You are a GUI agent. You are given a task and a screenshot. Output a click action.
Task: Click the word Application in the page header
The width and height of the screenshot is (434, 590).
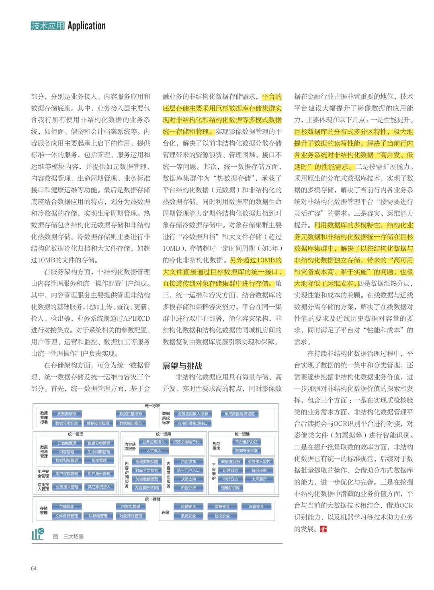point(86,26)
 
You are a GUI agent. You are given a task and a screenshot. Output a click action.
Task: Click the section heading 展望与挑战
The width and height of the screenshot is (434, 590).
point(182,366)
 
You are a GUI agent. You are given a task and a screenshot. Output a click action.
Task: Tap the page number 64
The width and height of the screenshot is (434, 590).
point(34,568)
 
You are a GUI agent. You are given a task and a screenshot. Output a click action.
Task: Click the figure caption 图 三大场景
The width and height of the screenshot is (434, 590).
point(68,536)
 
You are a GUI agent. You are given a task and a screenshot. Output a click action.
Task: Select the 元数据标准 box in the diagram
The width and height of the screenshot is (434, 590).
point(67,414)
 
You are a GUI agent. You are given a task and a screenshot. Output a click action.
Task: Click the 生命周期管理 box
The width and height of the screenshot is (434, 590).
point(99,452)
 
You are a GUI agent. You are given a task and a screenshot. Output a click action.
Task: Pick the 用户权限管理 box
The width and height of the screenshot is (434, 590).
point(67,474)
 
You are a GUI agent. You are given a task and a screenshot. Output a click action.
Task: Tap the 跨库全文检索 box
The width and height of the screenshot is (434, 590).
point(147,470)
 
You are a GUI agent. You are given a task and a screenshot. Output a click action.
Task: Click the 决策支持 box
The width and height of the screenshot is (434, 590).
point(188,479)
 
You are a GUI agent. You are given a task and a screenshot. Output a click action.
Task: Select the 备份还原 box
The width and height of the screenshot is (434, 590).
point(259,470)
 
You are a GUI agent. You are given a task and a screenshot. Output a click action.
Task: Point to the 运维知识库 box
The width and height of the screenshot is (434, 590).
point(230,488)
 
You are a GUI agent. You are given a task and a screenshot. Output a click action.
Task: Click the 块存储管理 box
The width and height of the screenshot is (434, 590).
point(98,516)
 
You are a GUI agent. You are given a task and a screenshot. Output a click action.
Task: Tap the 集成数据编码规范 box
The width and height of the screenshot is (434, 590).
point(240,414)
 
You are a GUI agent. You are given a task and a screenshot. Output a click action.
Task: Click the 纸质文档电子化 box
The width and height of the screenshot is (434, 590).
point(186,442)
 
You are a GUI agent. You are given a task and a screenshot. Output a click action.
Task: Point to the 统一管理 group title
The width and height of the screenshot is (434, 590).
point(76,434)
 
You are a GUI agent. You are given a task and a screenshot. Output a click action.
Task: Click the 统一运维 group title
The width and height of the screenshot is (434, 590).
point(242,434)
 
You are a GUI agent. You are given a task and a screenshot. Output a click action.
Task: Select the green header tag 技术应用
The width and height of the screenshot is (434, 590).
point(47,26)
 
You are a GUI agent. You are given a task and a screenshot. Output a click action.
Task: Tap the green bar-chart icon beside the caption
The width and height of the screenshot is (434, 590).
point(38,534)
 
